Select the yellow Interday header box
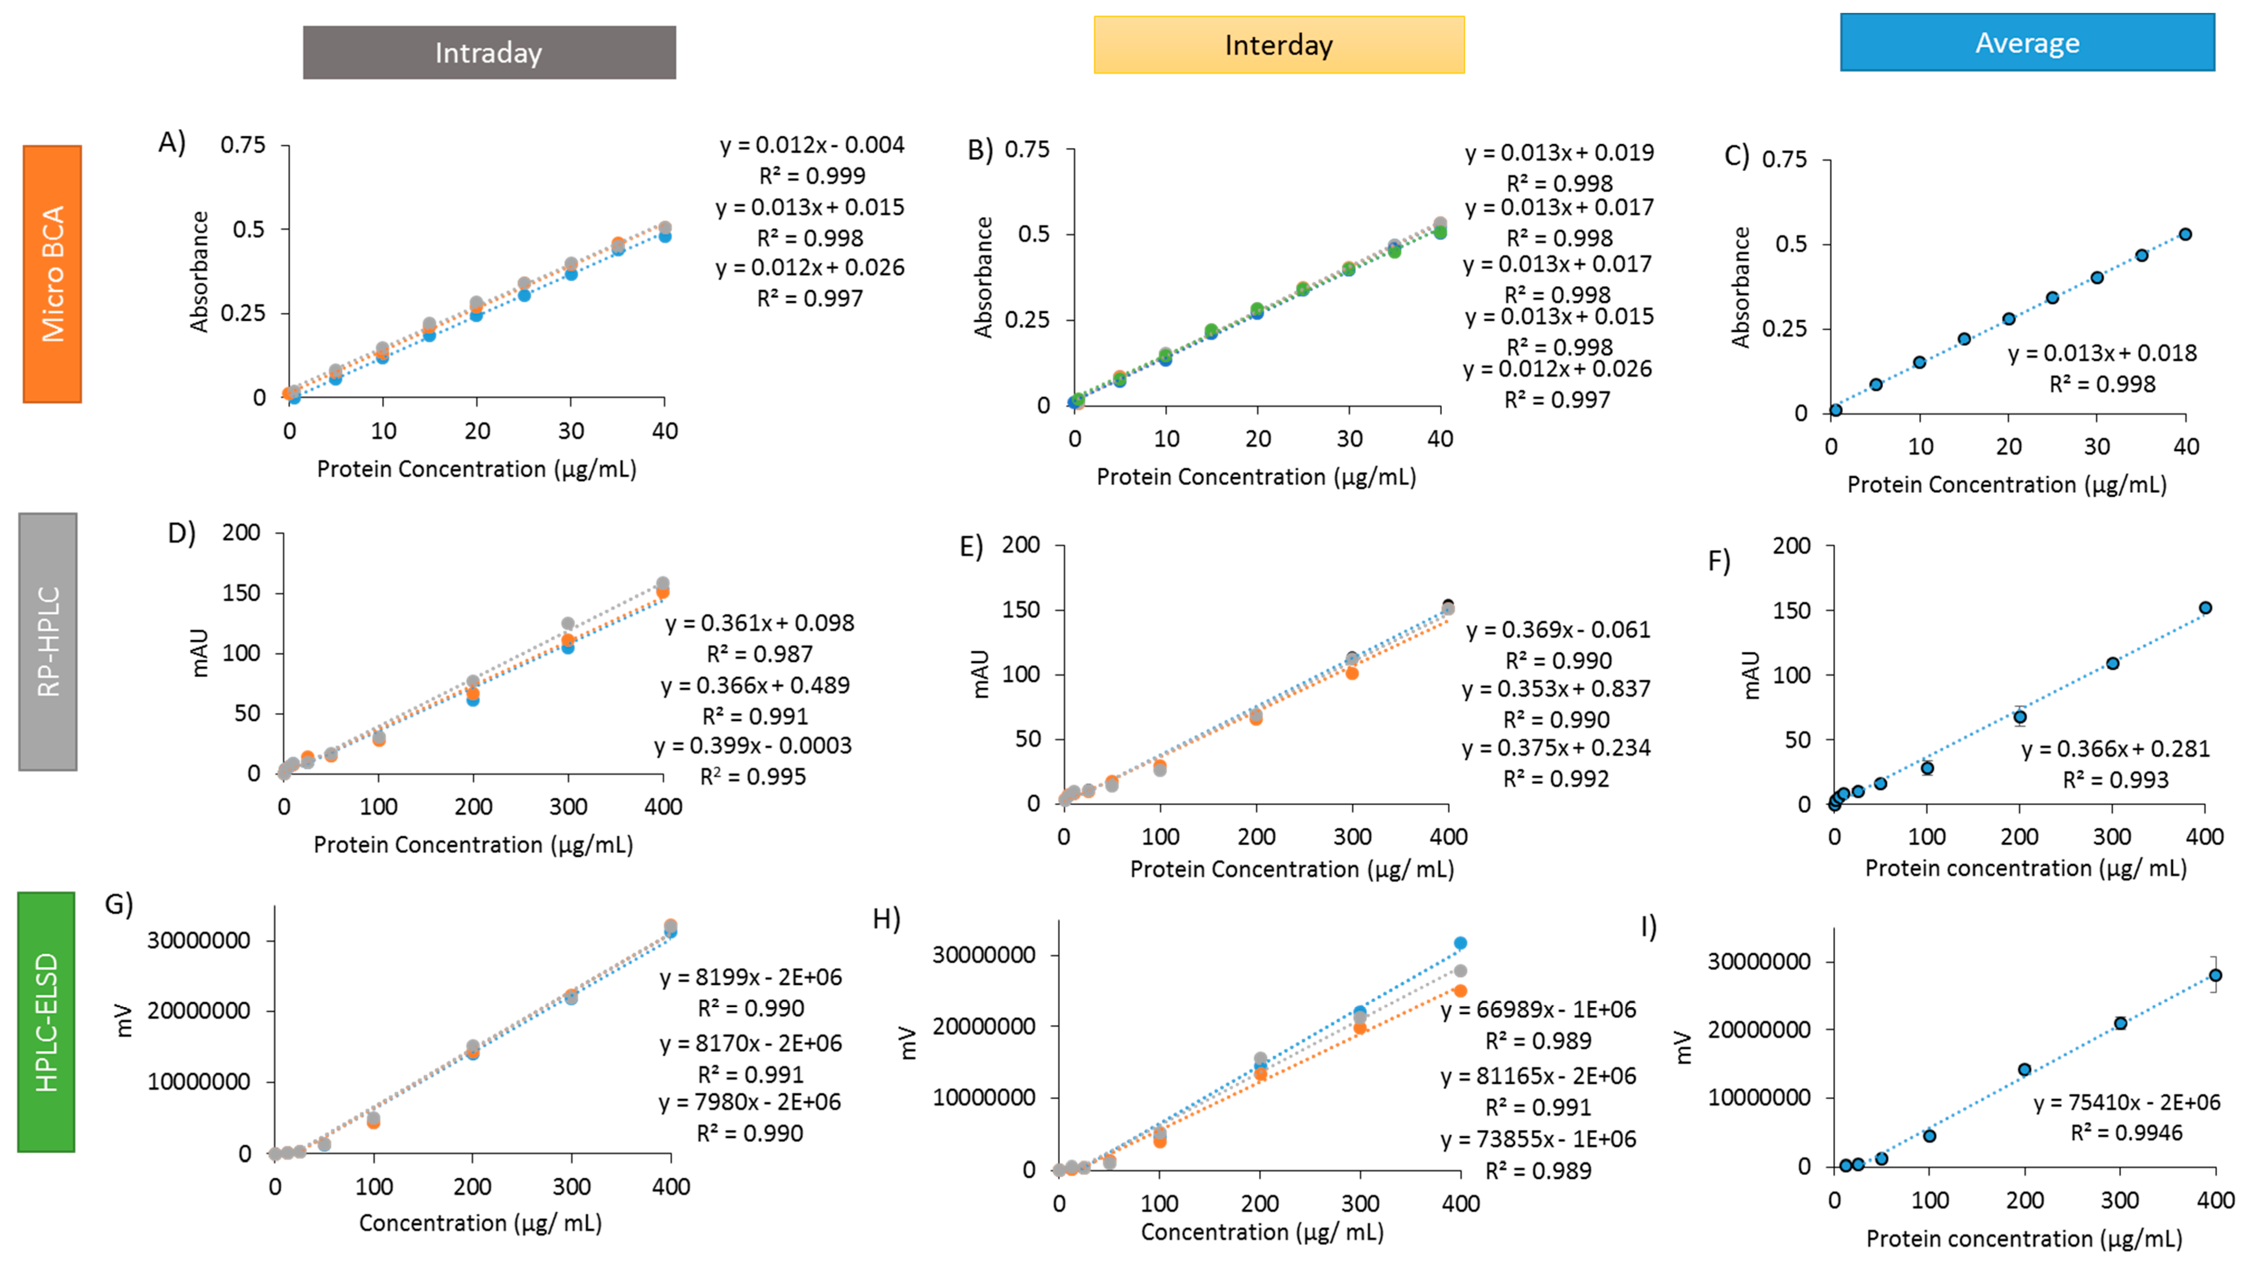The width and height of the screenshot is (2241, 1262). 1278,44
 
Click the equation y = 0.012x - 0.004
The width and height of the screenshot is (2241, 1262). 812,144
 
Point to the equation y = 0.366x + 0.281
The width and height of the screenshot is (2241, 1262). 2115,749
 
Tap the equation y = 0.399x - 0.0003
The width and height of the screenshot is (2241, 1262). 753,746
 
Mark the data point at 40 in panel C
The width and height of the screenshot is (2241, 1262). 2184,234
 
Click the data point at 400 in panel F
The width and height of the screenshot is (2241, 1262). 2204,608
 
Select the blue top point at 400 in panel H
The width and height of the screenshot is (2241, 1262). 1460,943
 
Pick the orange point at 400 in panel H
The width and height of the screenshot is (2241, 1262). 1460,991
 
